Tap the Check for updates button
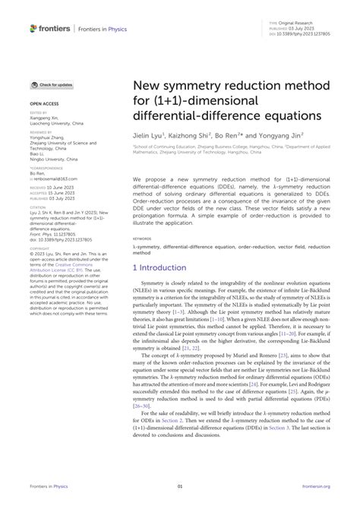[52, 85]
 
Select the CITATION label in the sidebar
[38, 204]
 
